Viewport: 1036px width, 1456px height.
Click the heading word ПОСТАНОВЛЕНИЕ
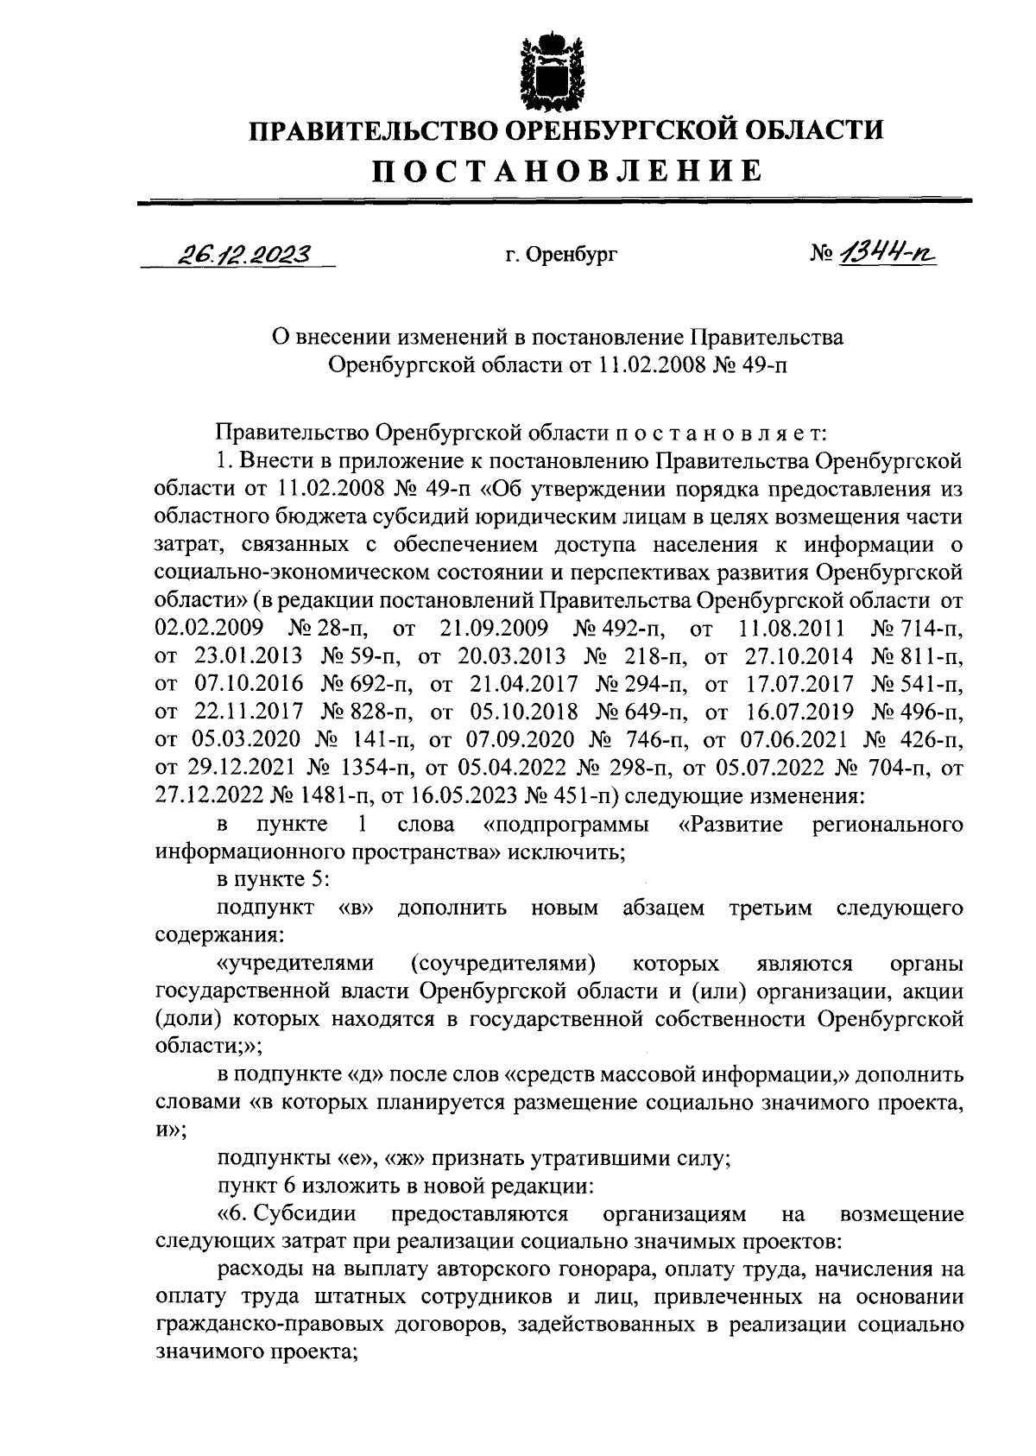click(x=567, y=170)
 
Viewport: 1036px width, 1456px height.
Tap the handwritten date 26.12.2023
click(x=245, y=254)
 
